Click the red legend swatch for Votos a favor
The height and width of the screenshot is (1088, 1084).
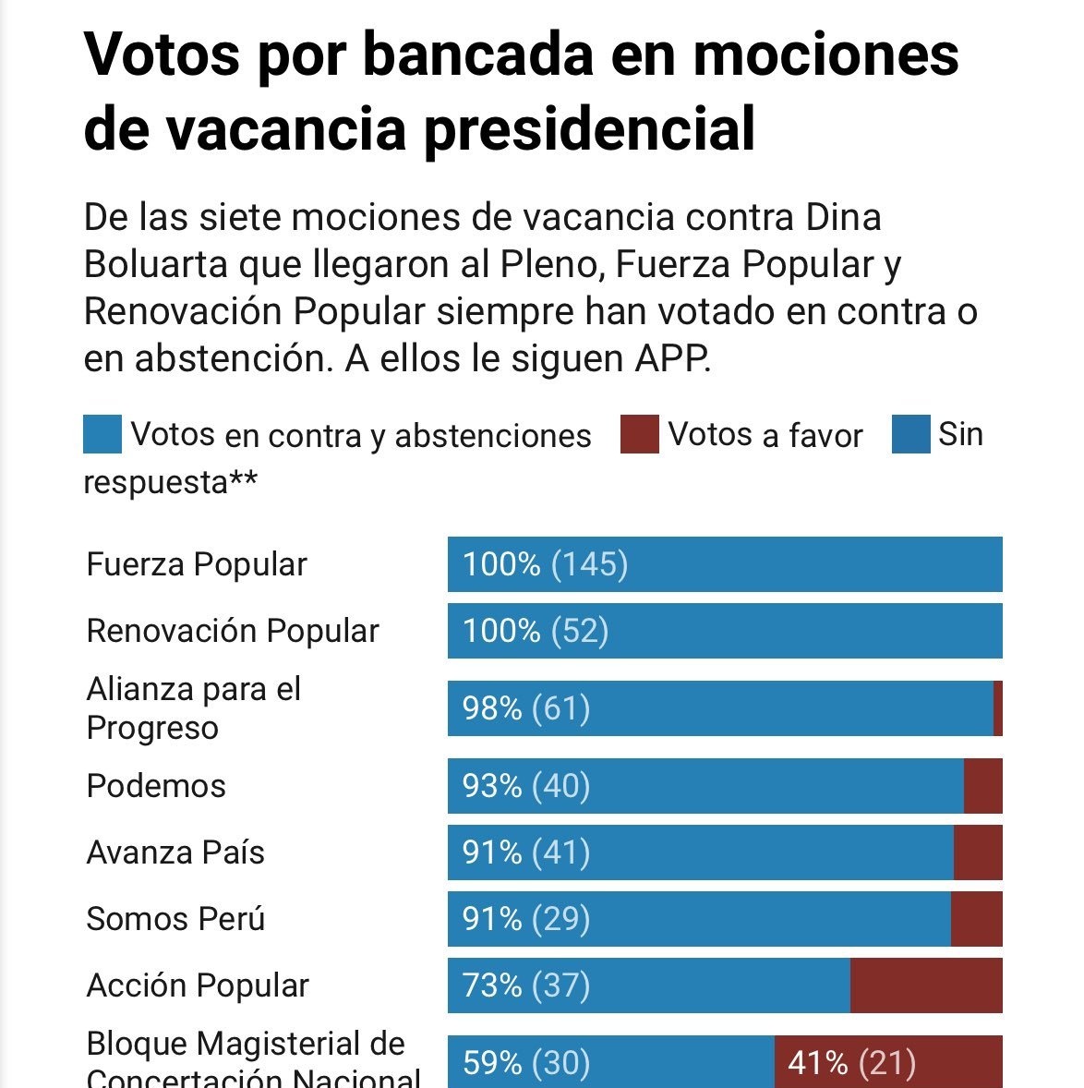[639, 434]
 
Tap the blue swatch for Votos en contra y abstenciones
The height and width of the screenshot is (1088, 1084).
[102, 434]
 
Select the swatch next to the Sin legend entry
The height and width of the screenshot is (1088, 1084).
[909, 434]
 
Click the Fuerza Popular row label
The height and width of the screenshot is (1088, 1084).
[197, 564]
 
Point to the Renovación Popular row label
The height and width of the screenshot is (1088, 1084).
[233, 631]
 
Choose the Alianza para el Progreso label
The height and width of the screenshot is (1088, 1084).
[194, 708]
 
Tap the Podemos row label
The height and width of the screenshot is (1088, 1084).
[156, 786]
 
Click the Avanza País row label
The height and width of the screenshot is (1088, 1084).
[175, 852]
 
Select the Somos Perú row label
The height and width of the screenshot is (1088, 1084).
[175, 919]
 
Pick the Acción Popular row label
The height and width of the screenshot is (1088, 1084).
[198, 985]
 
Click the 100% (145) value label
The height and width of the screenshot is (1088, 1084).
[545, 564]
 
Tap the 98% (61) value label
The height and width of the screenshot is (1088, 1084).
[526, 708]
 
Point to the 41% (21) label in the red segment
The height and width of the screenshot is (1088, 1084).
[851, 1063]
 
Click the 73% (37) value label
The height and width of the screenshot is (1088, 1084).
[526, 985]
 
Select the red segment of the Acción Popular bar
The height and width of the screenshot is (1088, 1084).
[926, 985]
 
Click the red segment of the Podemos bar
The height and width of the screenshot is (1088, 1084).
[982, 786]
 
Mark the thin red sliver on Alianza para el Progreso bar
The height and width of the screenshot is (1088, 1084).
[998, 708]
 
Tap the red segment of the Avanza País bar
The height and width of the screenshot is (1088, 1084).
[978, 852]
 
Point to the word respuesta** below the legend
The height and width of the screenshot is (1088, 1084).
[170, 481]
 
